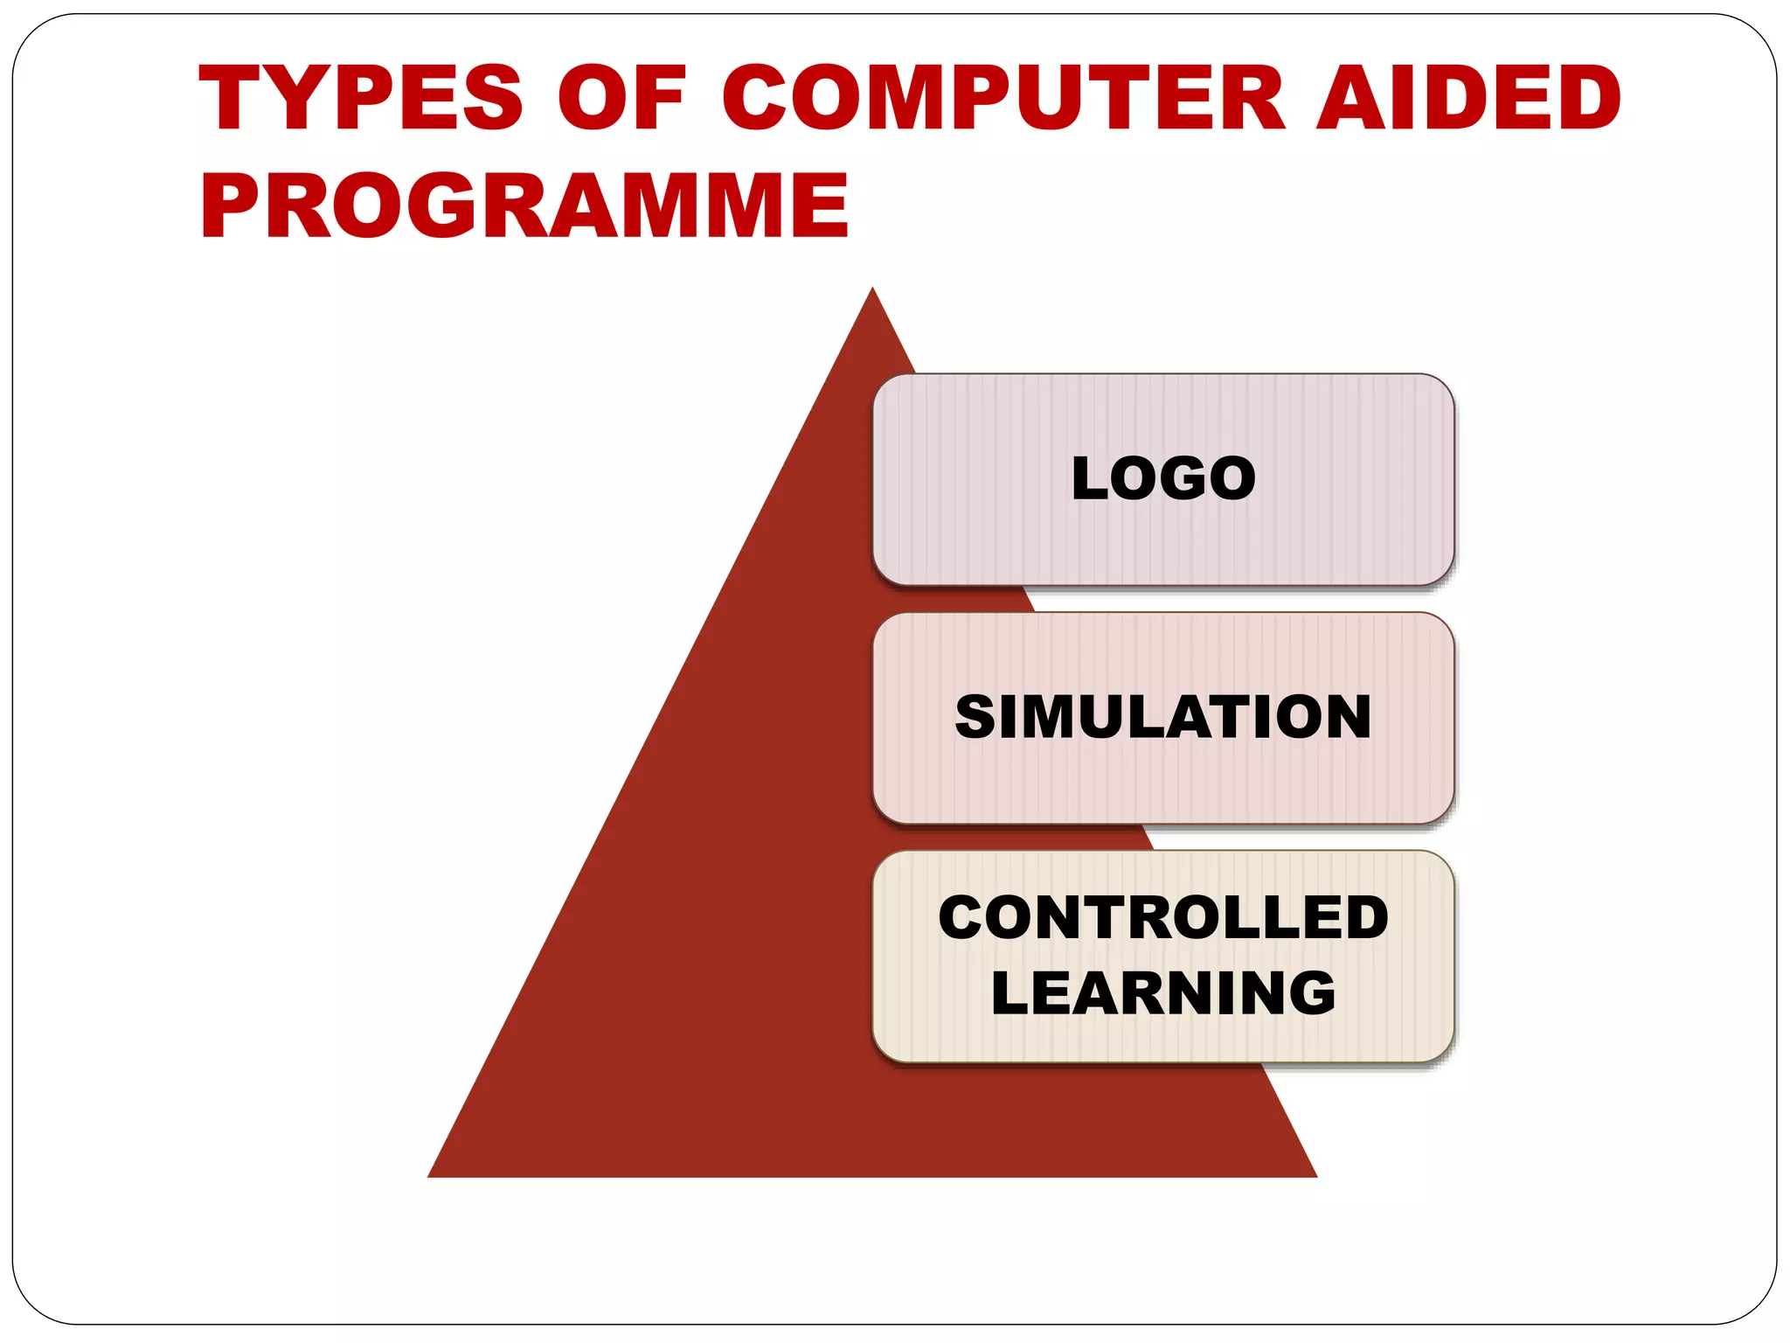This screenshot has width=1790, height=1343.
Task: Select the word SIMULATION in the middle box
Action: pos(1163,717)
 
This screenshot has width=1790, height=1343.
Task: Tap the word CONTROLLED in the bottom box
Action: pos(1163,918)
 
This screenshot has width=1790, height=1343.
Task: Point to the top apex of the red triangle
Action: pos(872,289)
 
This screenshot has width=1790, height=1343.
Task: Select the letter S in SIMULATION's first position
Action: pos(975,717)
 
